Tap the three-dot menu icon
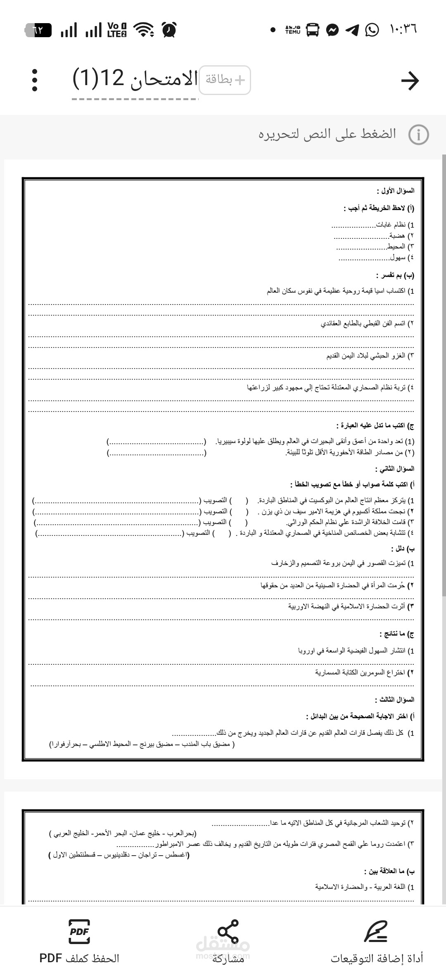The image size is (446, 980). coord(35,80)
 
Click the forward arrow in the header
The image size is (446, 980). coord(410,81)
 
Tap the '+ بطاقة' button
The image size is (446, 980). coord(225,80)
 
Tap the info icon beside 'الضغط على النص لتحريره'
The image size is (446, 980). coord(418,135)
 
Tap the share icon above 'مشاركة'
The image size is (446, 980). coord(228,931)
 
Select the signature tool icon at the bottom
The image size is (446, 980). coord(376,931)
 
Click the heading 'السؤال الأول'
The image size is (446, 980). coord(395,191)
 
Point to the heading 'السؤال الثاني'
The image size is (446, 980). coord(394,469)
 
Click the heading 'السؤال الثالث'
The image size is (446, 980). coord(394,700)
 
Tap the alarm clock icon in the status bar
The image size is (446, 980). coord(169,30)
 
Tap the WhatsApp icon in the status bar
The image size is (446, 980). coord(372,30)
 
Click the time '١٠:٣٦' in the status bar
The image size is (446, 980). coord(403,29)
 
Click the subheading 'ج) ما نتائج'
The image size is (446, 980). coord(397,634)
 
